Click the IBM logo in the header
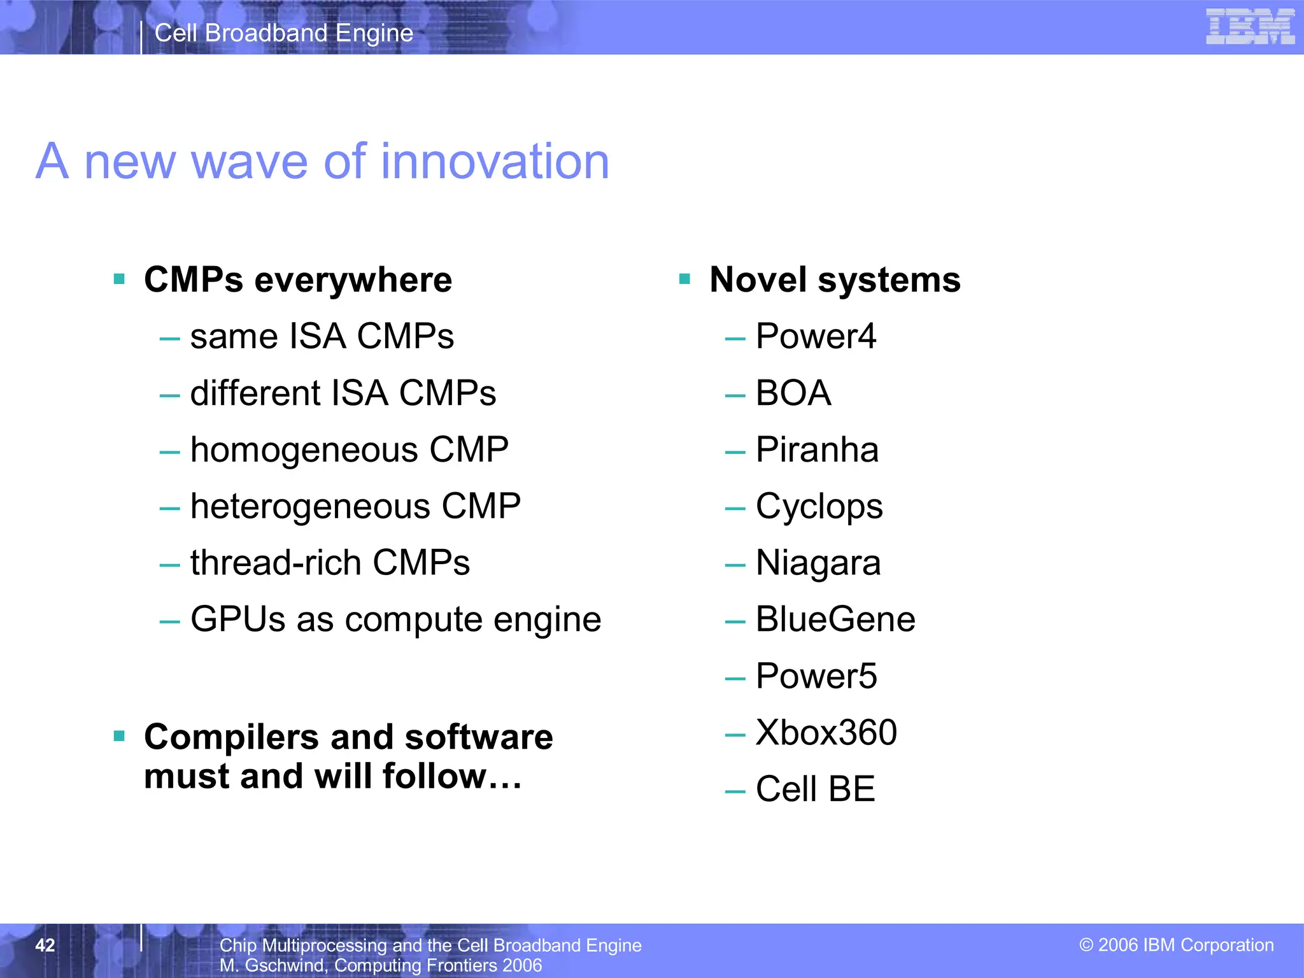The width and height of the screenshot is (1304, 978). pyautogui.click(x=1250, y=27)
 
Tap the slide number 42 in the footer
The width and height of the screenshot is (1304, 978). pyautogui.click(x=45, y=945)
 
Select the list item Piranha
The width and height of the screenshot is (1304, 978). pyautogui.click(x=817, y=450)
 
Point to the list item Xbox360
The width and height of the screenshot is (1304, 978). pyautogui.click(x=826, y=733)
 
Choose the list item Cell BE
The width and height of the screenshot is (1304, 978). pyautogui.click(x=815, y=790)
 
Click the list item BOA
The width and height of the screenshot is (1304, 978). pyautogui.click(x=793, y=393)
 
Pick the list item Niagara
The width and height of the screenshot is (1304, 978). pyautogui.click(x=818, y=563)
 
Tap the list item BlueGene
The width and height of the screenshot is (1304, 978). pyautogui.click(x=835, y=620)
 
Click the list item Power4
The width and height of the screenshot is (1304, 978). pyautogui.click(x=816, y=337)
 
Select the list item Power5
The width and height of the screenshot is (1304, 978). pyautogui.click(x=816, y=676)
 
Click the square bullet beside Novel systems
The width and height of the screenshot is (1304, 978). pyautogui.click(x=684, y=279)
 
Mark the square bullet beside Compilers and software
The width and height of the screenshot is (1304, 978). pyautogui.click(x=119, y=737)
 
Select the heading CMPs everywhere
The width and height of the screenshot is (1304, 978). pyautogui.click(x=298, y=280)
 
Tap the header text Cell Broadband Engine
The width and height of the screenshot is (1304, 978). pyautogui.click(x=284, y=33)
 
